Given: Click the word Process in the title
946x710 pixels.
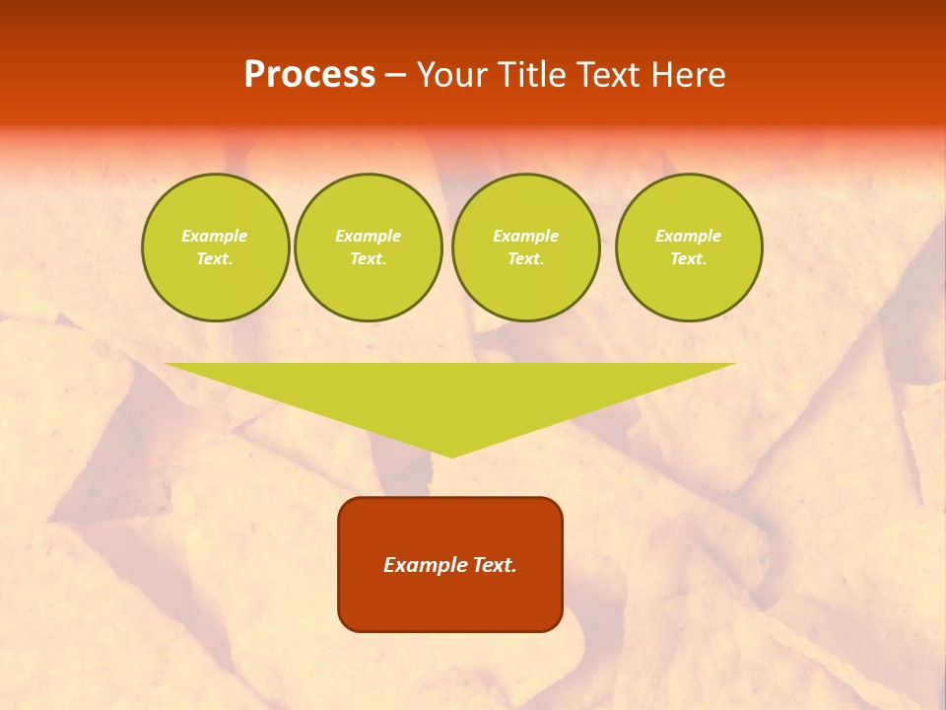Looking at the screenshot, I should (x=309, y=75).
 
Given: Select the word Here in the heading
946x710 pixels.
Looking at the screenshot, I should (x=688, y=75).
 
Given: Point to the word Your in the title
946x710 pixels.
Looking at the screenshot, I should (x=449, y=75).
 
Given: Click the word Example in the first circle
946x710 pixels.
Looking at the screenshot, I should (x=215, y=236).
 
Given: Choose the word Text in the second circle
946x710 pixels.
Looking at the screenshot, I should (x=367, y=259).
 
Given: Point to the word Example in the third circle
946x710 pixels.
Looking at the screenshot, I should (x=526, y=236).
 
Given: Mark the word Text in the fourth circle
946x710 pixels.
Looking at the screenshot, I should (x=687, y=259).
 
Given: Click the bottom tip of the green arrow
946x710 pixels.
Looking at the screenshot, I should (x=451, y=455).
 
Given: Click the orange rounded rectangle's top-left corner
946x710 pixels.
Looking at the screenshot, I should (x=346, y=505).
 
